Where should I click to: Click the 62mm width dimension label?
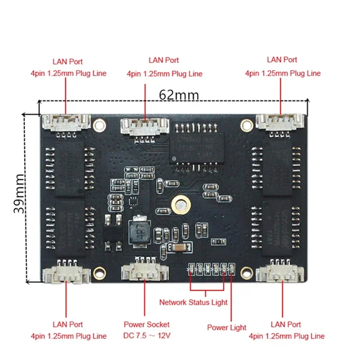179,95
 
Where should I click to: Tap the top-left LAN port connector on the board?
66,122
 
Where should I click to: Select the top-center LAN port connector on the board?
145,125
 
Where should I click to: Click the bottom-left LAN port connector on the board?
66,273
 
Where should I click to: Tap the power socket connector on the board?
145,272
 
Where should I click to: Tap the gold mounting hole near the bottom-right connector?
246,271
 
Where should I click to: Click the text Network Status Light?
193,302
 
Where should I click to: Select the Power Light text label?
226,328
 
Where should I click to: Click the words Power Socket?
147,324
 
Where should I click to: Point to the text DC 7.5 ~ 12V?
147,336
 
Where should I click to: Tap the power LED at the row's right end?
231,269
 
